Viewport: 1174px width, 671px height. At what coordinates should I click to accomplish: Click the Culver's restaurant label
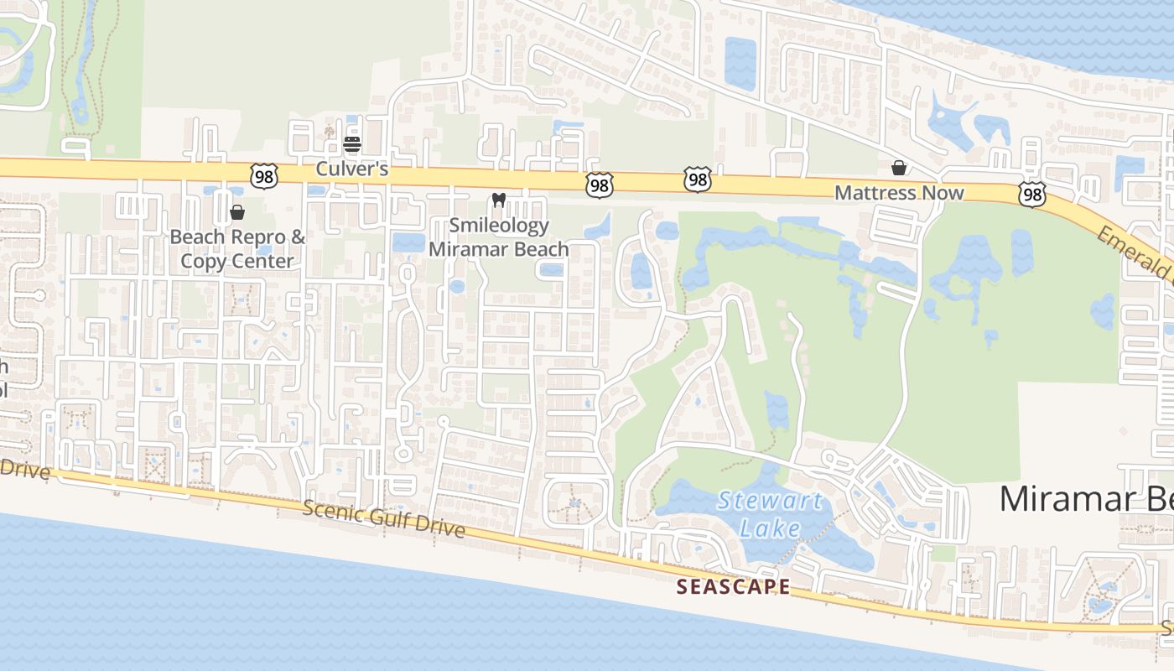click(x=352, y=169)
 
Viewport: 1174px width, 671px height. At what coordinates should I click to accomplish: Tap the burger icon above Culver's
click(x=352, y=145)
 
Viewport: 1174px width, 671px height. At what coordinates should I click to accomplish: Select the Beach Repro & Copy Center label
click(x=237, y=249)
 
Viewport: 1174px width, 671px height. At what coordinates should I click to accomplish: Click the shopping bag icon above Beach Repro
click(x=237, y=212)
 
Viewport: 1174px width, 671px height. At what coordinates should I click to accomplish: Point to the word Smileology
click(x=499, y=226)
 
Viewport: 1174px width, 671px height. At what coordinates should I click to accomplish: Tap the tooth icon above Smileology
click(x=499, y=200)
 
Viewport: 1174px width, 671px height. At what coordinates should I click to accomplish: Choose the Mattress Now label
click(x=899, y=193)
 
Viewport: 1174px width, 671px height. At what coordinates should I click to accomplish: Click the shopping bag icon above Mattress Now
click(x=899, y=168)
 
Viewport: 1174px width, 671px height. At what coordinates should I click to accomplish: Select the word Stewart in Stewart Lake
click(x=770, y=502)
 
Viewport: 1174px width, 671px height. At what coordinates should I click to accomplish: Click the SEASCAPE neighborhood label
click(x=733, y=587)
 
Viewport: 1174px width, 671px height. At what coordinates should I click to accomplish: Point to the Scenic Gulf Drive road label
click(x=383, y=518)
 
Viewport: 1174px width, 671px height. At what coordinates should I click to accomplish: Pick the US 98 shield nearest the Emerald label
click(x=1032, y=195)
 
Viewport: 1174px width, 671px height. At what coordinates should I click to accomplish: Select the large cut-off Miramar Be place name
click(x=1085, y=499)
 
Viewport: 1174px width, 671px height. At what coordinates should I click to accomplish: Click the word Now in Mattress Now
click(x=944, y=193)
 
